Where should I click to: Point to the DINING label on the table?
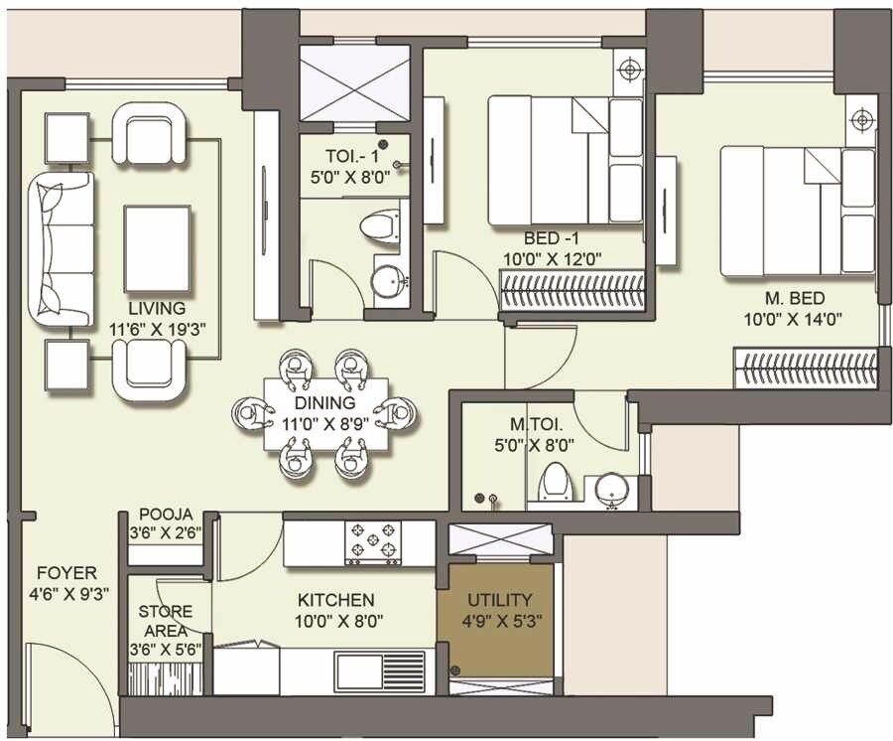(x=324, y=403)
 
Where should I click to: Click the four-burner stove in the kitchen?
(x=371, y=542)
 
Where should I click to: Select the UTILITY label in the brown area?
(x=499, y=600)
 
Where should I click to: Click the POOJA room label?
(x=165, y=515)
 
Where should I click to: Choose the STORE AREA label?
(x=165, y=621)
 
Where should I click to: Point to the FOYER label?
(x=66, y=573)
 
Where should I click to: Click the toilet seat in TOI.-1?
(x=378, y=227)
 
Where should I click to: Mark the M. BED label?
(x=793, y=299)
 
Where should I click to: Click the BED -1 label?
(x=553, y=239)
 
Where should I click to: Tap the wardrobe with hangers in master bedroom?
(x=805, y=369)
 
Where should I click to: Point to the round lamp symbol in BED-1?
(x=628, y=70)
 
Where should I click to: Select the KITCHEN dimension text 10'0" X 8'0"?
(x=336, y=621)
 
